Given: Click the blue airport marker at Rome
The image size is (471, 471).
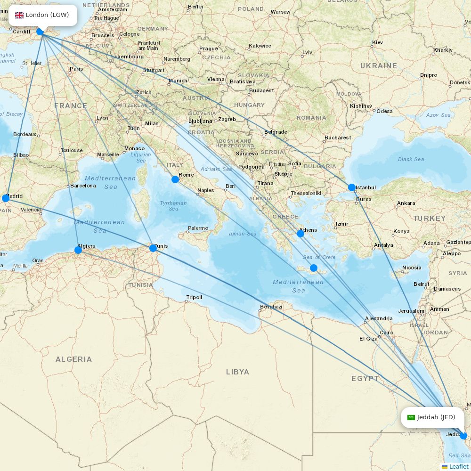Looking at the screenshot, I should tap(175, 179).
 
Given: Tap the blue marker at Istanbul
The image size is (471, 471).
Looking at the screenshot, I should tap(352, 187).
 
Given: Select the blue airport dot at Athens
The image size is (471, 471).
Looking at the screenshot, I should tap(300, 233).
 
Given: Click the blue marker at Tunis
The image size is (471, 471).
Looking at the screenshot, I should tap(153, 248).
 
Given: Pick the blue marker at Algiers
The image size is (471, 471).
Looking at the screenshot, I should tap(78, 250).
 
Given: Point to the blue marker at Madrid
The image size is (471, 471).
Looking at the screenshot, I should tap(6, 198).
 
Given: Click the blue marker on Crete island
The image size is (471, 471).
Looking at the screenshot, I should tap(314, 268).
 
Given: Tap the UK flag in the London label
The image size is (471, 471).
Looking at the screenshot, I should tap(19, 15).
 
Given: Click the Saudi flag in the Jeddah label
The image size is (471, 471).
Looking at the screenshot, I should tap(411, 417).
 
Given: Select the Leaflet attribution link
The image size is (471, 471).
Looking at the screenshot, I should tap(458, 466).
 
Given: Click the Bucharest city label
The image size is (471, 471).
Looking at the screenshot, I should tap(338, 138).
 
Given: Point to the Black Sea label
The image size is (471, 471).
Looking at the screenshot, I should tap(411, 159).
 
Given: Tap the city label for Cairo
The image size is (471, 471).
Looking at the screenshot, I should tap(386, 333).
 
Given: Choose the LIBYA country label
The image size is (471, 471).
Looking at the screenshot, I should tap(237, 372).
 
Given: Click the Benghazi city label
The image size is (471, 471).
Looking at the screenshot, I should tap(271, 307).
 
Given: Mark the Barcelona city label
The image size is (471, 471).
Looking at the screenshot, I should tap(83, 186).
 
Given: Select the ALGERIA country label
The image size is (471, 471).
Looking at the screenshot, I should tap(73, 359).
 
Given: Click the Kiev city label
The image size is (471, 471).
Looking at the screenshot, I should tap(377, 42).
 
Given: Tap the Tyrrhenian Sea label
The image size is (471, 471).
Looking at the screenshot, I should tap(173, 206).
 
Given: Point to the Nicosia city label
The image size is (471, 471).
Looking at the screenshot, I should tap(412, 268).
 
